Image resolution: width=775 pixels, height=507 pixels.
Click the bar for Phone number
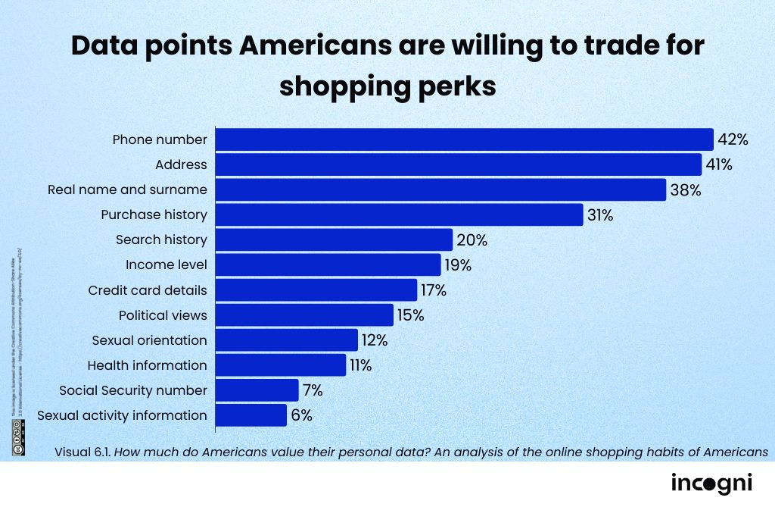pyautogui.click(x=465, y=139)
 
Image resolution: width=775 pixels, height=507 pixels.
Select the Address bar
pyautogui.click(x=459, y=164)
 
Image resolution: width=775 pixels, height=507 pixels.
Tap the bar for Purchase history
pyautogui.click(x=400, y=214)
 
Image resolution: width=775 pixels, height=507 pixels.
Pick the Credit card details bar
pyautogui.click(x=316, y=289)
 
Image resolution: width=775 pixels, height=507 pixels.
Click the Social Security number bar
pyautogui.click(x=257, y=390)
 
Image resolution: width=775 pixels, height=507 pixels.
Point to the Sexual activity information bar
pyautogui.click(x=251, y=415)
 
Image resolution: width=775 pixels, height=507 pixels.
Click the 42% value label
pyautogui.click(x=733, y=139)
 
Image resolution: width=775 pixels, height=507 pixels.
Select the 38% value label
pyautogui.click(x=685, y=189)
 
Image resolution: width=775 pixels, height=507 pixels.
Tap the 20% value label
pyautogui.click(x=472, y=240)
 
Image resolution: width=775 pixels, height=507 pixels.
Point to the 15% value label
pyautogui.click(x=410, y=315)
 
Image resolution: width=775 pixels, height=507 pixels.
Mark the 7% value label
pyautogui.click(x=313, y=390)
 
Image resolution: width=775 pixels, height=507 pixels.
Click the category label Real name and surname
pyautogui.click(x=127, y=189)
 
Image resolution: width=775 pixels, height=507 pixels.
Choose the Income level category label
pyautogui.click(x=166, y=264)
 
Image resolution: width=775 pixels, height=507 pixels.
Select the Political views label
pyautogui.click(x=163, y=315)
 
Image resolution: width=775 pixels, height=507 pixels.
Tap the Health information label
pyautogui.click(x=147, y=365)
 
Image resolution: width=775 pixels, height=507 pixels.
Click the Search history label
pyautogui.click(x=161, y=239)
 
